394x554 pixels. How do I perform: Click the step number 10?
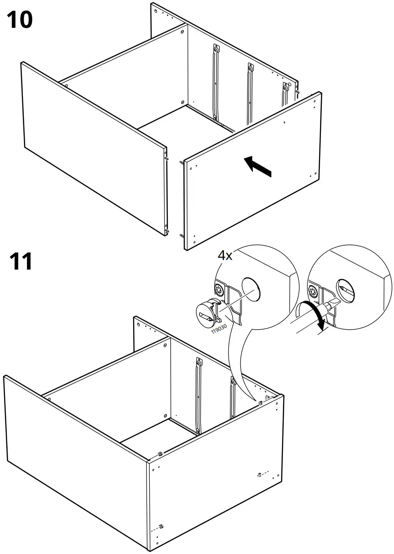20,21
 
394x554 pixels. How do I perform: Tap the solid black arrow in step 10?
258,166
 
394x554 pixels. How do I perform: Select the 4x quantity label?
225,256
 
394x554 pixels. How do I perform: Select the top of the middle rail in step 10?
250,67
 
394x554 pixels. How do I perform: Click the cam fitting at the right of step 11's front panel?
260,474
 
